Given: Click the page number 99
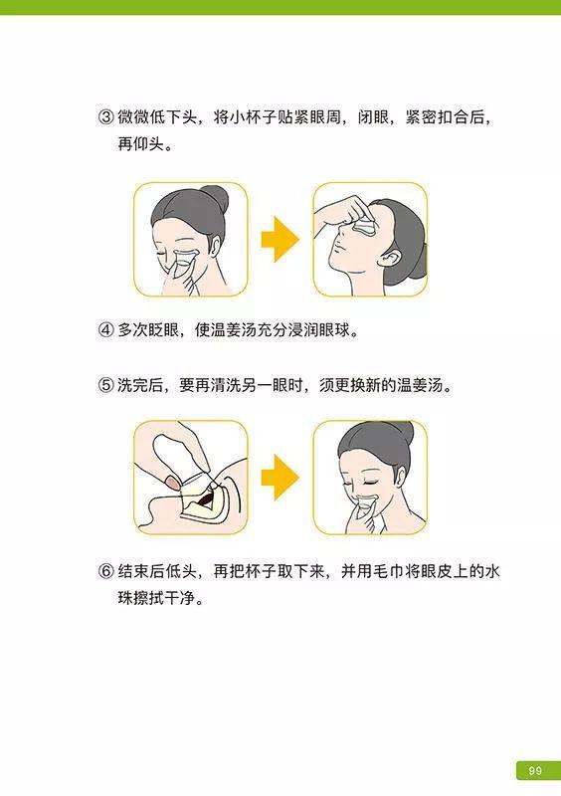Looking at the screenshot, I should (x=534, y=770).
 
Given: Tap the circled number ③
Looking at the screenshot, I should (x=105, y=117).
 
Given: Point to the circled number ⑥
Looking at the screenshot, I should (x=105, y=573).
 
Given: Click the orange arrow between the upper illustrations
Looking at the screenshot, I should (x=280, y=240).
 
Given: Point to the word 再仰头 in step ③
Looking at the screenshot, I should (x=140, y=144).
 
